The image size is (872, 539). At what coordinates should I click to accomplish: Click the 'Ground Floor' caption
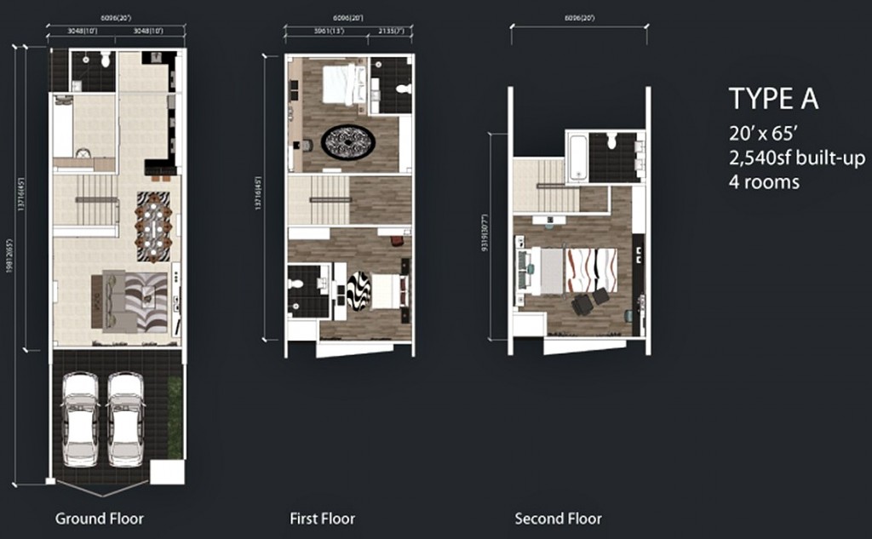pyautogui.click(x=100, y=519)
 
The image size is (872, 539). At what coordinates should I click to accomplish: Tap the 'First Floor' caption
pyautogui.click(x=323, y=519)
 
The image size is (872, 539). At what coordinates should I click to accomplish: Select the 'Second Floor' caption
pyautogui.click(x=558, y=519)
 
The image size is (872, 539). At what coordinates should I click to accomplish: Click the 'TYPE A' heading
pyautogui.click(x=773, y=99)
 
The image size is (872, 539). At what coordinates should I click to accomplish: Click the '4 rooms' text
pyautogui.click(x=764, y=181)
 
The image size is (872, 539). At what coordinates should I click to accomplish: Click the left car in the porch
pyautogui.click(x=81, y=418)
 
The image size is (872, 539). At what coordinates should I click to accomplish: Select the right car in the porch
pyautogui.click(x=126, y=418)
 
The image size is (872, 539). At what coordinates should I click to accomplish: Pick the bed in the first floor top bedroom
pyautogui.click(x=344, y=84)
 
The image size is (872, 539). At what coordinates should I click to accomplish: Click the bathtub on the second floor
pyautogui.click(x=577, y=158)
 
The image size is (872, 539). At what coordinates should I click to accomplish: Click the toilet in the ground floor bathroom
pyautogui.click(x=105, y=59)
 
